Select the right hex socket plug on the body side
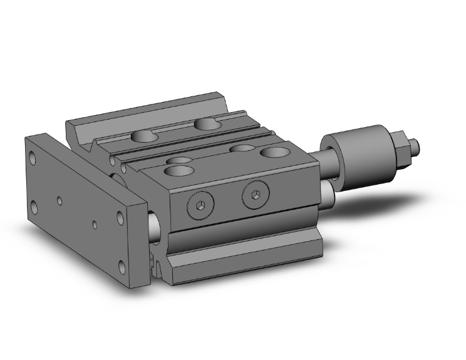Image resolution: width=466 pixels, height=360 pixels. click(256, 195)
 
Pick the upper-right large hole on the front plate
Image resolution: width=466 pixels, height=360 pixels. click(120, 218)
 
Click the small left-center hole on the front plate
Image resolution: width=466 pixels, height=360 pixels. click(59, 201)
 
